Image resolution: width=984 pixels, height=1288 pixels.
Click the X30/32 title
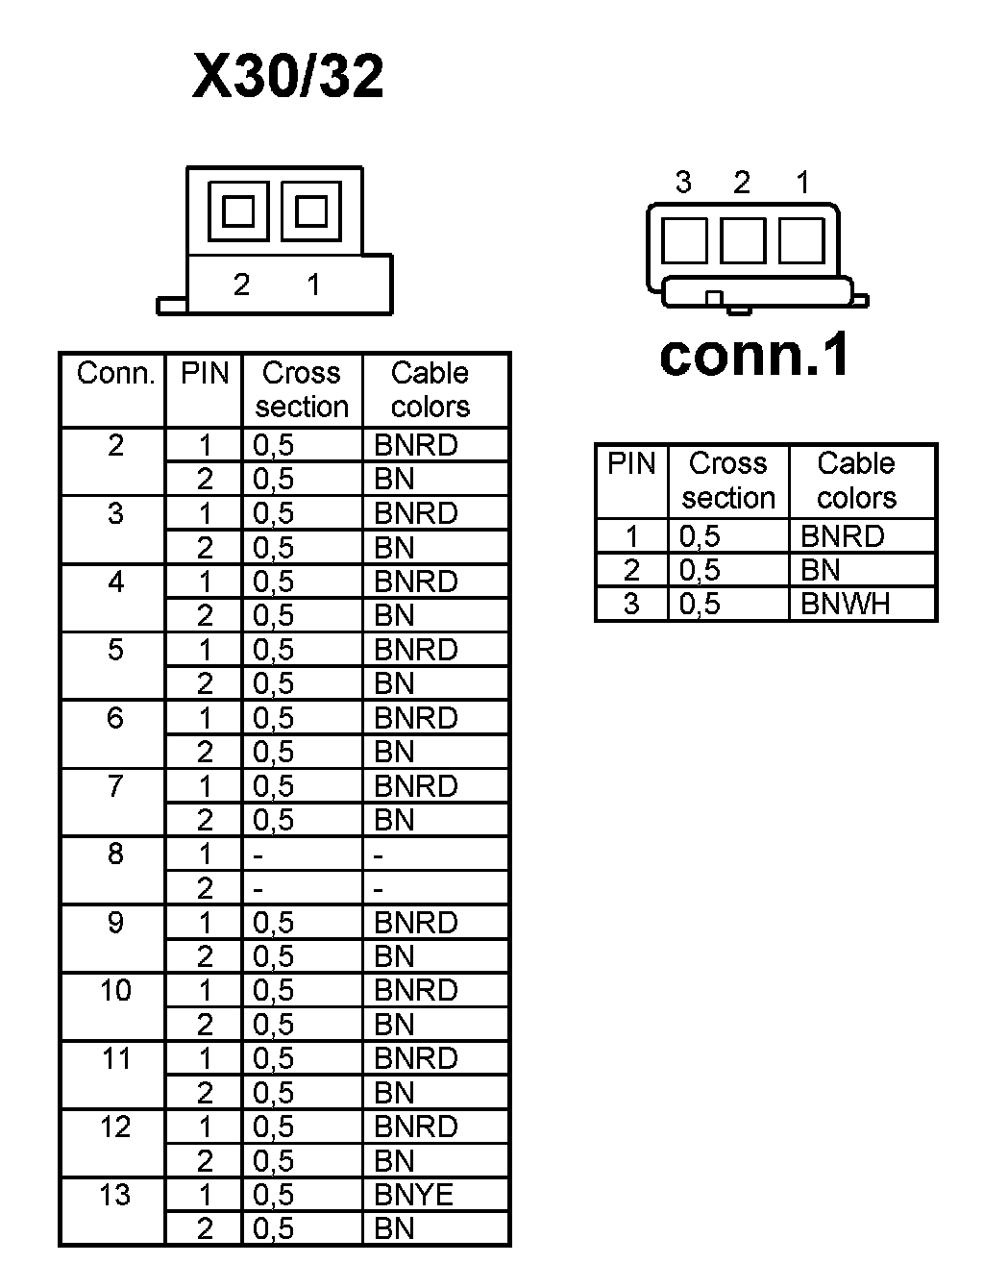pos(288,77)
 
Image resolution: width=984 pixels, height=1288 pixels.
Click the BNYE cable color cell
pos(413,1195)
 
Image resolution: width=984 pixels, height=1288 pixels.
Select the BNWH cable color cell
pos(846,604)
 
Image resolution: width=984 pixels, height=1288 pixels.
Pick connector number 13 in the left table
pos(115,1195)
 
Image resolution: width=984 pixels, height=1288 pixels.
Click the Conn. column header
pos(115,373)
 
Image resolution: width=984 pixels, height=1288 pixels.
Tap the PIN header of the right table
pos(631,463)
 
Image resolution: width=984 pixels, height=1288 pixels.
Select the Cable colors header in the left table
pos(430,389)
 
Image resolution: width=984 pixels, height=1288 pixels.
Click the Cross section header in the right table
pos(727,481)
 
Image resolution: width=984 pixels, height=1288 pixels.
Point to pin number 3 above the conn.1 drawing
pos(683,182)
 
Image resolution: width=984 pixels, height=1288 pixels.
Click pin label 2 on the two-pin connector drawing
pos(241,285)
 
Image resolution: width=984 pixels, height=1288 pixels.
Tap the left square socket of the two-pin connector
pos(238,211)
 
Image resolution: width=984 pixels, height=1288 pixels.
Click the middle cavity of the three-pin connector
pos(742,240)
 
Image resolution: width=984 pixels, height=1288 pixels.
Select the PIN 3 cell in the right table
pos(631,604)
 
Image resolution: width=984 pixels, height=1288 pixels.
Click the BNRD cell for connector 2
pos(415,445)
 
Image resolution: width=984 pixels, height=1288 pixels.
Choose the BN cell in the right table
pos(821,570)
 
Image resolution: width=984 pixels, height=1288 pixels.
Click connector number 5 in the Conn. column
pos(115,650)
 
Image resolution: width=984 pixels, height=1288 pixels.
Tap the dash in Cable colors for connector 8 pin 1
pos(379,855)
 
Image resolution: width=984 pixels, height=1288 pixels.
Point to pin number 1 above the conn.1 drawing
pos(803,182)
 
